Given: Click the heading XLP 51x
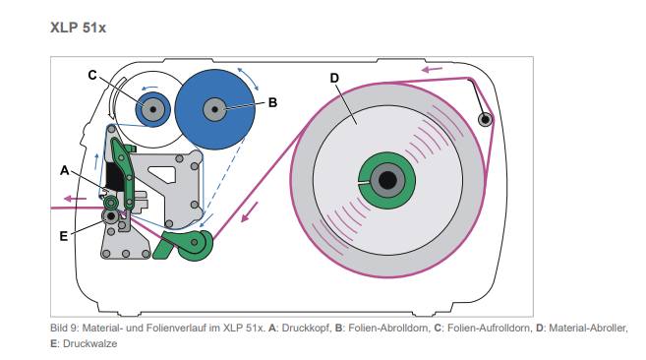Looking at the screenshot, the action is [78, 28].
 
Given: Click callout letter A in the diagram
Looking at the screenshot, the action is [65, 170].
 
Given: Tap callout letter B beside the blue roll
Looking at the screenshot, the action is [272, 102].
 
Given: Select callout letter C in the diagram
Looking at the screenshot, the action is [92, 75].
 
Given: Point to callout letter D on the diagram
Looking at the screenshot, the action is [334, 78].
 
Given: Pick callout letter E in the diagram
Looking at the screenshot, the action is [64, 236].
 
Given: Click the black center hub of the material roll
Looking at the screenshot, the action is [387, 180].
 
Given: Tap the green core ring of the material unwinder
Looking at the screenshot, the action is [386, 180].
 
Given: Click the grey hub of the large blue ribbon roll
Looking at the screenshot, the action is [214, 110].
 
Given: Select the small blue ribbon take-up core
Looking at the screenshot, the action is [152, 109].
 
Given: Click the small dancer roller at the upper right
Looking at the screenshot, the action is [486, 120].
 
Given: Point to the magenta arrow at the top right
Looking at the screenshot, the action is [432, 69].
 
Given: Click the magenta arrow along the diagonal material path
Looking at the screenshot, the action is [249, 211].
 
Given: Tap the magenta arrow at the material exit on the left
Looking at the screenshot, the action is [76, 199].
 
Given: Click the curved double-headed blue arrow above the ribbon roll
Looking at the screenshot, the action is [248, 78].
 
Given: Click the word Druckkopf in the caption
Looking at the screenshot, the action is [307, 329].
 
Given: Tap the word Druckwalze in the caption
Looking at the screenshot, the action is [89, 344].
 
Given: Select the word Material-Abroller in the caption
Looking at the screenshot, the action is [588, 329].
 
